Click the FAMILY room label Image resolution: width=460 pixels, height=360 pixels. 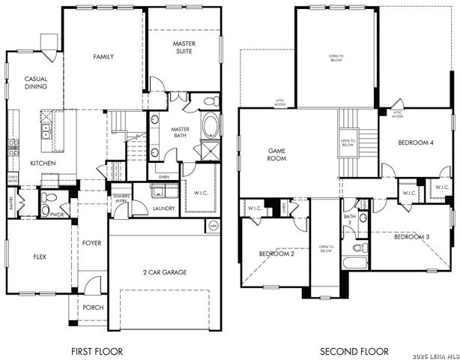pos(103,57)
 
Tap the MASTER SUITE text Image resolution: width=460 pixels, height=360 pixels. pos(184,49)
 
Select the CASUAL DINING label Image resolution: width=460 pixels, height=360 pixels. pos(35,82)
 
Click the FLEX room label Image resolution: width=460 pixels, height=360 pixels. pos(40,256)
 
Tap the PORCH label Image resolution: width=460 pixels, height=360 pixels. pos(94,307)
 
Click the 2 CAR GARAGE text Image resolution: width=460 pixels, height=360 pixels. pos(165,272)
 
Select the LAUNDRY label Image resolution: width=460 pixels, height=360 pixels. pos(163,208)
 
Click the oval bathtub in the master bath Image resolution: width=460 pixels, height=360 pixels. pos(210,125)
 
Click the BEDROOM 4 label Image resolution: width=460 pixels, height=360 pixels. pos(415,142)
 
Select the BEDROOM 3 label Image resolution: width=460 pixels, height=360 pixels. pos(411,237)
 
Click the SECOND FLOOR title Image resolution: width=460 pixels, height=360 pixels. pos(354,351)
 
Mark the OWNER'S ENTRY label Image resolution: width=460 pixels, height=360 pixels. pos(122,199)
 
